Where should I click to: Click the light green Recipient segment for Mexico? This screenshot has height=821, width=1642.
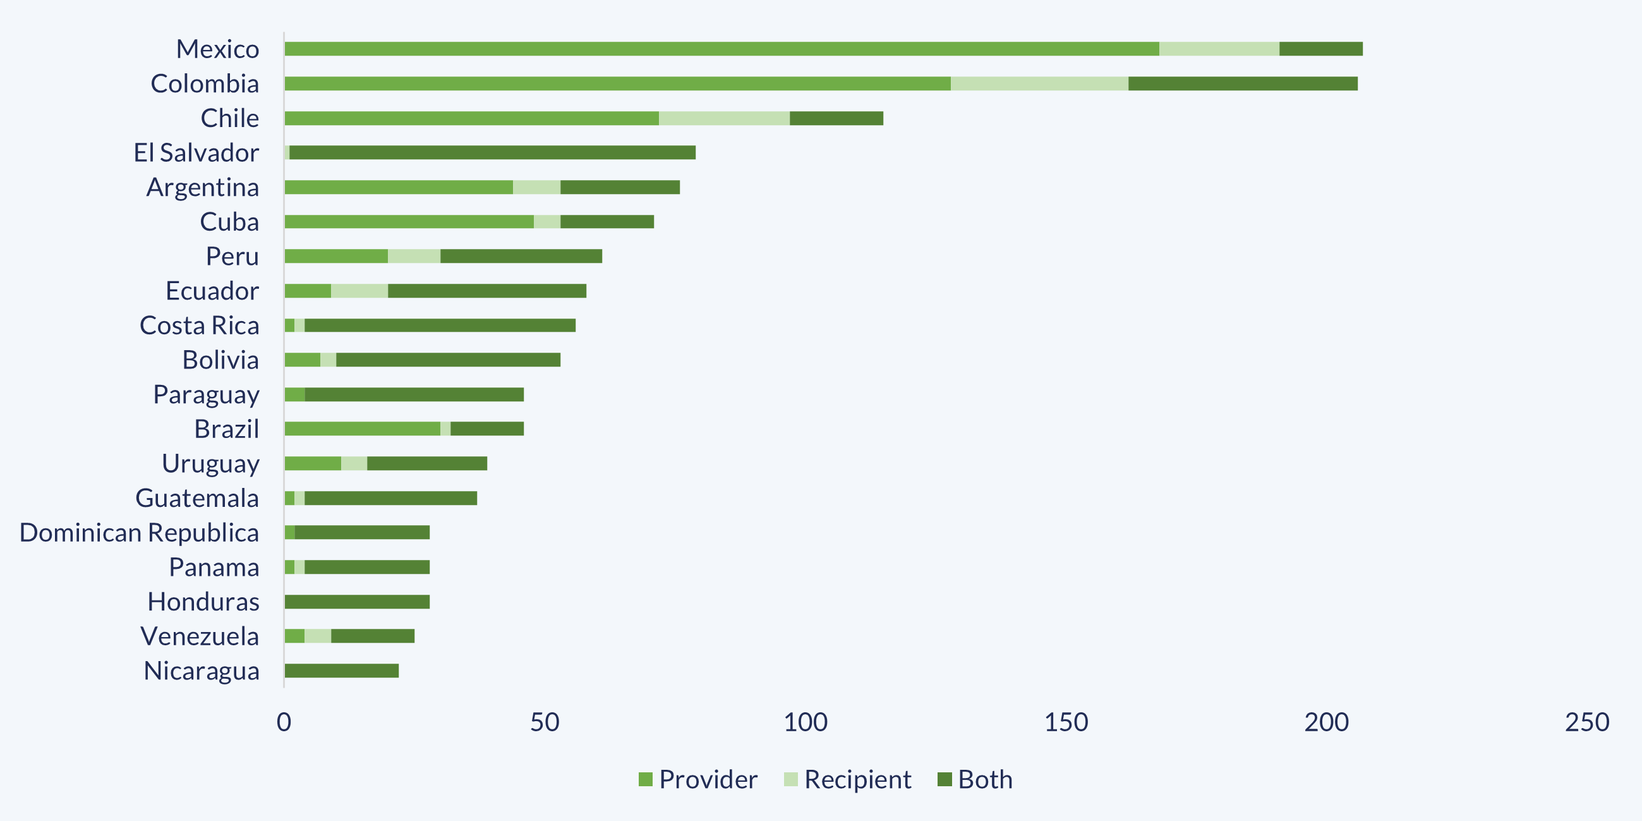1219,49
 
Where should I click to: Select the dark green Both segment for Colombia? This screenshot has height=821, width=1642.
1242,83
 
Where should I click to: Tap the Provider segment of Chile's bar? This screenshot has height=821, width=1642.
472,119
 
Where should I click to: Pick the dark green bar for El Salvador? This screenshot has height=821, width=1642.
492,153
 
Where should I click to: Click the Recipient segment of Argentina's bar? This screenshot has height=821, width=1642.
537,188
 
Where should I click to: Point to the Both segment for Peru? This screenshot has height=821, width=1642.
521,256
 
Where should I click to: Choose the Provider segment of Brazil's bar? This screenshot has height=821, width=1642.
362,429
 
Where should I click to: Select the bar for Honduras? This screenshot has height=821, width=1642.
357,602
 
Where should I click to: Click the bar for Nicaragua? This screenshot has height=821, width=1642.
342,671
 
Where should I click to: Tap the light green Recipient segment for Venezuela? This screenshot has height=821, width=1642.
317,636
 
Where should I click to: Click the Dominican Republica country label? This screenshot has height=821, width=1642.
139,533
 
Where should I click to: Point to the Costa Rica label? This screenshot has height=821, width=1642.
200,325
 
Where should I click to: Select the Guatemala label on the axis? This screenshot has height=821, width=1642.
197,499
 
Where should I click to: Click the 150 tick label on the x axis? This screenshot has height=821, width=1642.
1066,722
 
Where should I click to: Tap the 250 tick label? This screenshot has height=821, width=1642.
1586,722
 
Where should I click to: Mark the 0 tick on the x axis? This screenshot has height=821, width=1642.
284,722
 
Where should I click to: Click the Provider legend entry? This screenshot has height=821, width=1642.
698,779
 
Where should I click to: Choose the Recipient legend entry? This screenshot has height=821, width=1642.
847,779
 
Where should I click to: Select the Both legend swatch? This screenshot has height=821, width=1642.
945,779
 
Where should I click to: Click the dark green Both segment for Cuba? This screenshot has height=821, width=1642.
607,222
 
